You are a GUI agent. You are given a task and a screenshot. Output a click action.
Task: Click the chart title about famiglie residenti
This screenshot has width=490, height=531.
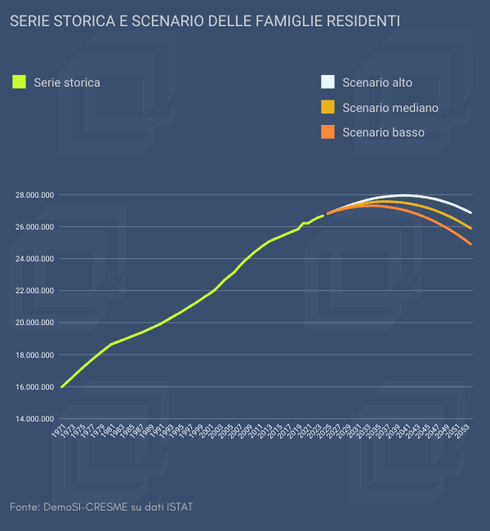tap(205, 20)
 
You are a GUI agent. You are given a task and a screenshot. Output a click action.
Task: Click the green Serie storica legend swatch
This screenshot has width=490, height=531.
tap(20, 82)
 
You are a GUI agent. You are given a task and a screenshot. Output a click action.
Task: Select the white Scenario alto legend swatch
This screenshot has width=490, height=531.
tap(328, 82)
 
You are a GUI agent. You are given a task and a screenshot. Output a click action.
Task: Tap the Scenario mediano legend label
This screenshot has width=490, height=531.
tap(390, 107)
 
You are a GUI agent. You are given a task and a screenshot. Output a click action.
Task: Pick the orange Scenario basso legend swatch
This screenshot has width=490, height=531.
tap(328, 132)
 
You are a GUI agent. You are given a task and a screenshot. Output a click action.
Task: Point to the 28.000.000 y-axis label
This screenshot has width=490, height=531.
tap(34, 195)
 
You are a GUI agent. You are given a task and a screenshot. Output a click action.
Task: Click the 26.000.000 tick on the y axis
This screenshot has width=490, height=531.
tap(34, 227)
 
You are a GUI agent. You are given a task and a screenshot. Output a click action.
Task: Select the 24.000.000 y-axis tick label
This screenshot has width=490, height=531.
tap(34, 259)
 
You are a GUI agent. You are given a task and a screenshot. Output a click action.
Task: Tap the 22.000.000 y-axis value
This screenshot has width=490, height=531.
tap(34, 291)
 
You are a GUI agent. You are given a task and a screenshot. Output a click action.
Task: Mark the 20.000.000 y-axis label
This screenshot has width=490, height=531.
tap(34, 323)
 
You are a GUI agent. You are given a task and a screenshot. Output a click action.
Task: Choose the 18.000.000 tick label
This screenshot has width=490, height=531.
tap(34, 355)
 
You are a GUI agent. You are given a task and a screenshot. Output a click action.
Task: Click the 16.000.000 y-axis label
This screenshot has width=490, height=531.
tap(34, 387)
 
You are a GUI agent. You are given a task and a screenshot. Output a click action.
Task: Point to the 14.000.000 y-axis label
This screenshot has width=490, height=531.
tap(34, 419)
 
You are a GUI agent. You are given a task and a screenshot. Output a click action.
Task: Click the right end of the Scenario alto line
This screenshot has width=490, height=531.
tap(471, 212)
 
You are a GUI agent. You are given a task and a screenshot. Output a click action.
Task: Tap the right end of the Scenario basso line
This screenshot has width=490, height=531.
tap(471, 244)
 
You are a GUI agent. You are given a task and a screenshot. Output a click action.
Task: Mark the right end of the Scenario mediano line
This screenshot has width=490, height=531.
tap(471, 228)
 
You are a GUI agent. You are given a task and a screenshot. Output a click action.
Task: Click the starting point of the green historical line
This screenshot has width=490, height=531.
tap(62, 386)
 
